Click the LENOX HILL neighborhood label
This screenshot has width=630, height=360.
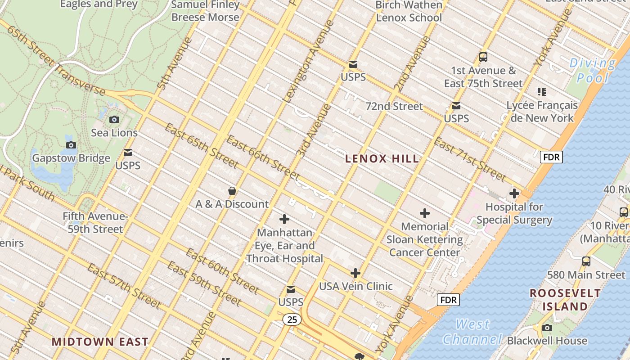[382, 158]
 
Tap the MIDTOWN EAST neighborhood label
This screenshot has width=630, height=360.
[100, 342]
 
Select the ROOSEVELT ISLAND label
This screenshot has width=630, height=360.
[565, 300]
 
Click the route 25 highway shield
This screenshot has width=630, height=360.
[292, 319]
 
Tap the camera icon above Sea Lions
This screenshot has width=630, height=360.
[114, 119]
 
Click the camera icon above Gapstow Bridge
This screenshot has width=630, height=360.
[71, 145]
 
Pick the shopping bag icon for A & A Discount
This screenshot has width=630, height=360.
[232, 191]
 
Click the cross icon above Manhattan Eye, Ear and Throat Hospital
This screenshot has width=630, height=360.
[284, 219]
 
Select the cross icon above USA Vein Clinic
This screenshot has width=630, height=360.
[355, 273]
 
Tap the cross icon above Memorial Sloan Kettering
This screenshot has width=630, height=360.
[424, 213]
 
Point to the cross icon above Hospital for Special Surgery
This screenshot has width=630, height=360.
[514, 194]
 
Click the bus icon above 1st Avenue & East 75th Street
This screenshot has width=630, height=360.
[483, 57]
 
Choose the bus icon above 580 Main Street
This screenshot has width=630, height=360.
[586, 261]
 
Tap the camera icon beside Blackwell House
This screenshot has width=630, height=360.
[547, 328]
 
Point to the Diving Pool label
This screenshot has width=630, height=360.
[593, 71]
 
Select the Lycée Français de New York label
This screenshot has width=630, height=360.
[542, 112]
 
